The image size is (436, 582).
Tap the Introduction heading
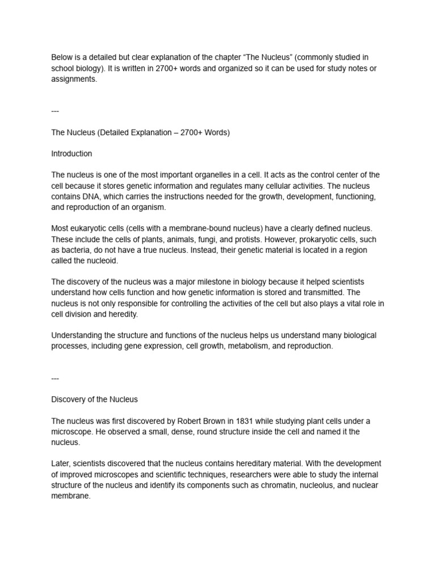(x=72, y=153)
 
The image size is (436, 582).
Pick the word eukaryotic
(x=91, y=228)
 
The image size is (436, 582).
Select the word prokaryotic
(x=317, y=239)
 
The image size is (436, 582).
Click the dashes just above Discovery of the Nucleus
(x=55, y=378)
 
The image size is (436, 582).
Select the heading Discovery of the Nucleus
(x=94, y=399)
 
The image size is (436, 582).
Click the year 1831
(x=234, y=421)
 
